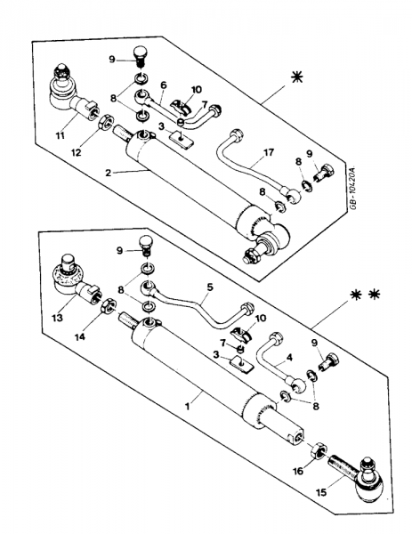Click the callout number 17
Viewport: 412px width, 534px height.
[x=269, y=152]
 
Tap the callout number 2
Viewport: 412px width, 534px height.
[x=109, y=173]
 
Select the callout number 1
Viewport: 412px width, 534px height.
[x=187, y=407]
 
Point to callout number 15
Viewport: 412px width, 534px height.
[x=321, y=492]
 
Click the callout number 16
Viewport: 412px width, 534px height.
[x=298, y=471]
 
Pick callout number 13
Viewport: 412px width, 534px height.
[x=57, y=318]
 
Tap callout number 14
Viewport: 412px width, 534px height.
[x=80, y=336]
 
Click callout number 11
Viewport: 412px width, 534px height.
[x=60, y=136]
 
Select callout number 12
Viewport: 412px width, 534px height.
[x=77, y=152]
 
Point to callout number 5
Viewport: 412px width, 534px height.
[x=210, y=287]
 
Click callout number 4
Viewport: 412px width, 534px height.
[x=289, y=358]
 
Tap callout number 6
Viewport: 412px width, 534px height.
[x=164, y=85]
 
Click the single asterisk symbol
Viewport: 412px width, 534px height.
[x=296, y=77]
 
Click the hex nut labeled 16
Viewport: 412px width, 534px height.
[x=319, y=450]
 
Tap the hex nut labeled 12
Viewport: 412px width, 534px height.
[x=105, y=122]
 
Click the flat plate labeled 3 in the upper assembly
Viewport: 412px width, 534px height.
[x=182, y=141]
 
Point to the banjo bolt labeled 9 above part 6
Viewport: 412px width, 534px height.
[x=140, y=57]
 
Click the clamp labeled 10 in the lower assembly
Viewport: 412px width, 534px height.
[x=241, y=334]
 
